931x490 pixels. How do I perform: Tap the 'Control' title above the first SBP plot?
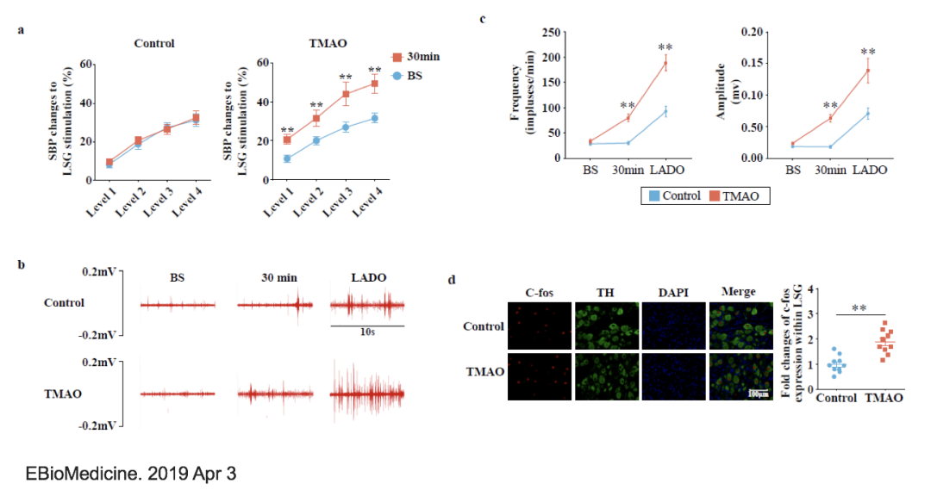[154, 44]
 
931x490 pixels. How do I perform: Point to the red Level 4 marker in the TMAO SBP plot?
[374, 84]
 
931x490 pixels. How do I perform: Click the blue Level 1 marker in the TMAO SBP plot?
[287, 158]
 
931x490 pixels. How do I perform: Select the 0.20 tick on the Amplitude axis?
[753, 32]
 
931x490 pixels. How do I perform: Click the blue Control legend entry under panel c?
[676, 196]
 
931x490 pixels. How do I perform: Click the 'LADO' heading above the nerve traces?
[368, 278]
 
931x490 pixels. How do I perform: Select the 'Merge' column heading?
[740, 293]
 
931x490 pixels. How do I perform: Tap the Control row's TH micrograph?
[607, 326]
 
